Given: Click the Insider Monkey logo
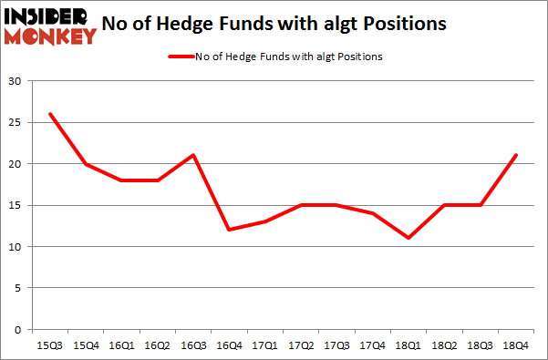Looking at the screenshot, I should pos(51,25).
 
